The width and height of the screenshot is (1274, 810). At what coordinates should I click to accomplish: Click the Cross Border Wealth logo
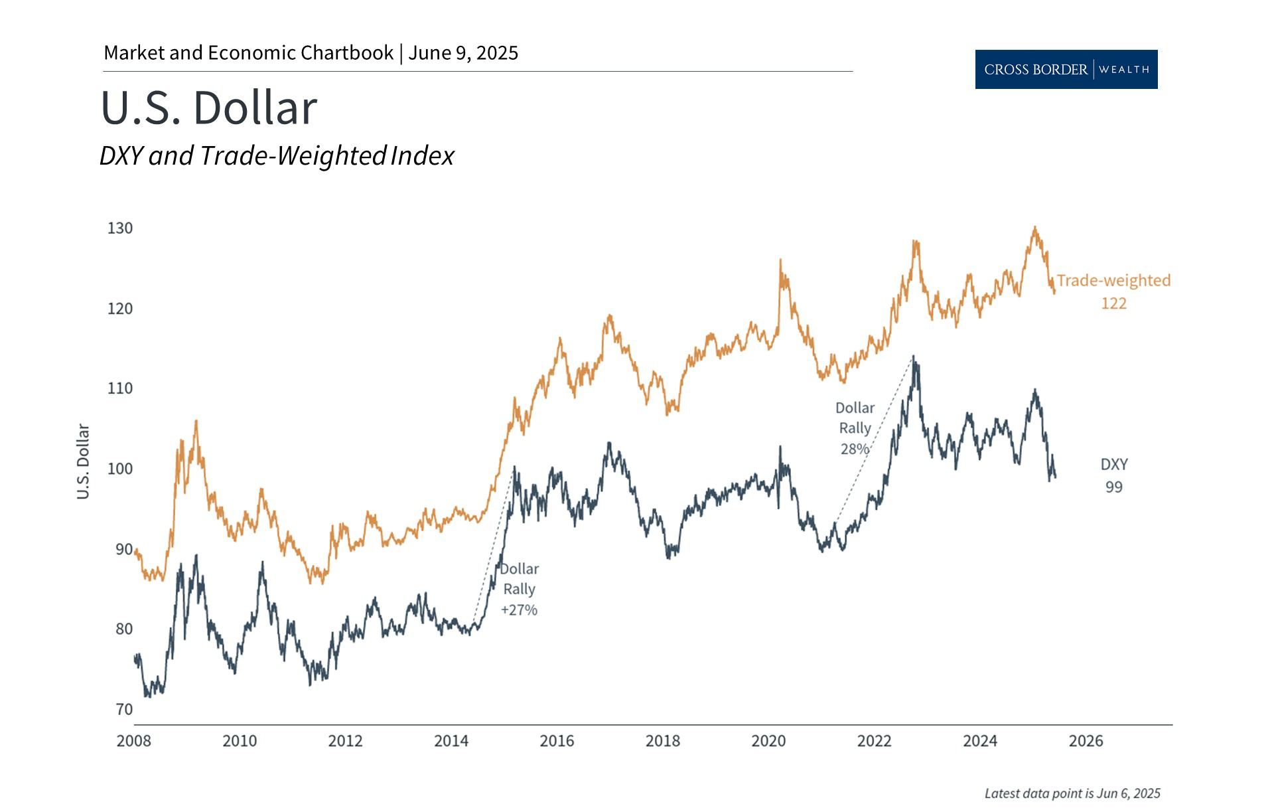[x=1066, y=69]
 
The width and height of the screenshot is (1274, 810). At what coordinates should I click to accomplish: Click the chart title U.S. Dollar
[x=209, y=108]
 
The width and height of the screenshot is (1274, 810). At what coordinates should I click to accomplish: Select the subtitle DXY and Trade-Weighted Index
[x=277, y=156]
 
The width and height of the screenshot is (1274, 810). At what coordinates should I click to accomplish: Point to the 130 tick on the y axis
[x=120, y=228]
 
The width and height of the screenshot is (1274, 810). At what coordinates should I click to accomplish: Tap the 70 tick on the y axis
[x=124, y=709]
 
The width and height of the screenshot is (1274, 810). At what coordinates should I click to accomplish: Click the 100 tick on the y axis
[x=120, y=469]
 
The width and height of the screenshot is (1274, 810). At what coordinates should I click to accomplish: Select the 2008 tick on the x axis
[x=134, y=741]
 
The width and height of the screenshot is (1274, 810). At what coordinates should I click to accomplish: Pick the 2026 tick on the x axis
[x=1086, y=741]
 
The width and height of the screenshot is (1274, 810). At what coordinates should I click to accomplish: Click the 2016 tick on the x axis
[x=557, y=741]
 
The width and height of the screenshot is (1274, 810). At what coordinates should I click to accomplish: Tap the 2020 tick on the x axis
[x=768, y=741]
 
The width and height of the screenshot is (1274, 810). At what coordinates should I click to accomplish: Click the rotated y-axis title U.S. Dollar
[x=83, y=461]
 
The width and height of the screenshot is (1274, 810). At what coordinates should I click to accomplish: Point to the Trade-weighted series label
[x=1113, y=281]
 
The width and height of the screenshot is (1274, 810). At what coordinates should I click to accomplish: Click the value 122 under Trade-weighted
[x=1113, y=303]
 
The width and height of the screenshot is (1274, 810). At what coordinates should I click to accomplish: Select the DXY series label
[x=1114, y=465]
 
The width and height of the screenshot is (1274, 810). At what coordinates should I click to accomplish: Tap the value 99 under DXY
[x=1114, y=487]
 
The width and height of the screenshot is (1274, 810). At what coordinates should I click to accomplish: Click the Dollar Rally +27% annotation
[x=519, y=590]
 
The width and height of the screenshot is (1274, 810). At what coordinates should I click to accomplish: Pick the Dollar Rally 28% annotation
[x=855, y=428]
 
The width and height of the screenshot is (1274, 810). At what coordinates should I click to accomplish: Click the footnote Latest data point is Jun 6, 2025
[x=1072, y=793]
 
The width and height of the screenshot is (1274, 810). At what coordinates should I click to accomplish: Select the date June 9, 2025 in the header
[x=463, y=53]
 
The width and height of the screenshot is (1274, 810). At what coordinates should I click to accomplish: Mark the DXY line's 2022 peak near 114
[x=914, y=358]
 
